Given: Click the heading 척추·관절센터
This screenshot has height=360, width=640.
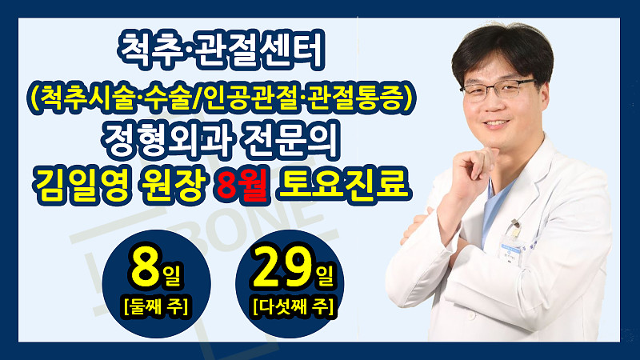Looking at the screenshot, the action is pyautogui.click(x=221, y=50).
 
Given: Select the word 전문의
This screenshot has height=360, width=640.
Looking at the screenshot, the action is pyautogui.click(x=291, y=142).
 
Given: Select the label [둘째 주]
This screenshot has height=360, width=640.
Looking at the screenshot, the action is pyautogui.click(x=156, y=306).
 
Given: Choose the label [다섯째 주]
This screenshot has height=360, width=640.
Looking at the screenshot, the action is pyautogui.click(x=293, y=306).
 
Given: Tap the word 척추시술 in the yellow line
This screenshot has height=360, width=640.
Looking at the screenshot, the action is pyautogui.click(x=87, y=98).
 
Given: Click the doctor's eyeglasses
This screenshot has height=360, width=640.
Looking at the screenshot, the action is pyautogui.click(x=497, y=89).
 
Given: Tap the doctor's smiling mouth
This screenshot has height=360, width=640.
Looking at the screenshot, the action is pyautogui.click(x=495, y=123).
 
